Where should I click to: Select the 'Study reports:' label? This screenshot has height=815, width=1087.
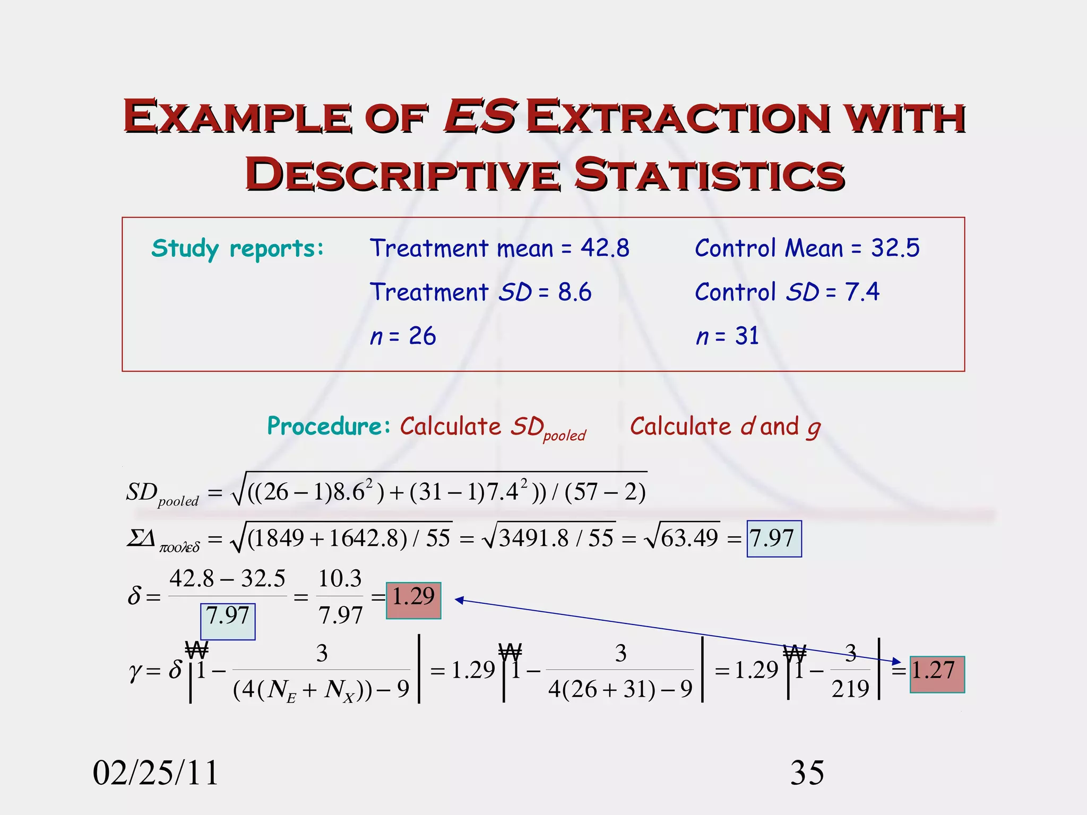237,248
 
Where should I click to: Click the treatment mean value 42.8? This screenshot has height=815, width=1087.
605,248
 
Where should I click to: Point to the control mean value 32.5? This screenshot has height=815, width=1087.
895,248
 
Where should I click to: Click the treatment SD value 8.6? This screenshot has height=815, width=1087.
574,292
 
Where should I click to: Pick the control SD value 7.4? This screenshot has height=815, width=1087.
862,292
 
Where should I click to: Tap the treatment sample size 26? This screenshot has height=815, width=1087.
422,336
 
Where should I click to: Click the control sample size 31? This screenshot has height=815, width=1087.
747,336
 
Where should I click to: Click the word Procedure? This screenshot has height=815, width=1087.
329,426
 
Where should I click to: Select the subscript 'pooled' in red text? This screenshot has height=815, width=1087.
564,436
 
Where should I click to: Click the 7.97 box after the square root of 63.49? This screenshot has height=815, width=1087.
774,539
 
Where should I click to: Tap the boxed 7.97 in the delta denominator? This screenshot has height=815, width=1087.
228,621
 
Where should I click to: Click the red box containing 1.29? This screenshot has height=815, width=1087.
413,600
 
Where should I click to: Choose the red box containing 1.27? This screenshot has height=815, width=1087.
937,674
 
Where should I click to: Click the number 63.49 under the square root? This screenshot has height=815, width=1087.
689,539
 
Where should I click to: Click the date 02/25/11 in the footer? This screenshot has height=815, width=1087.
156,773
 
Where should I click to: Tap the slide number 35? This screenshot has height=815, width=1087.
807,773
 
